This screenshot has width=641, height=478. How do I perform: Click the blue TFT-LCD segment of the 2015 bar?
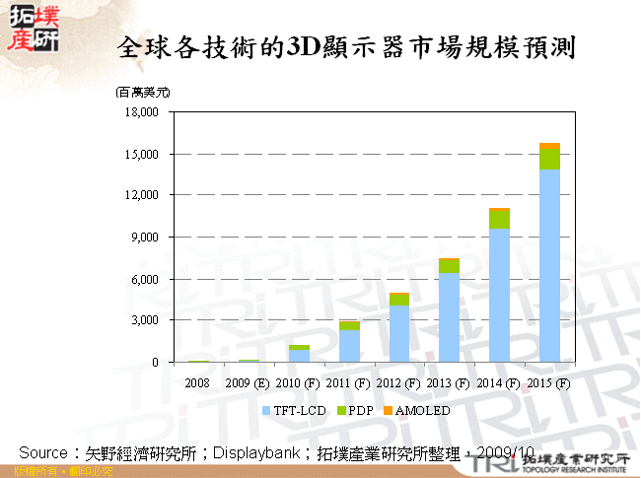[x=549, y=266]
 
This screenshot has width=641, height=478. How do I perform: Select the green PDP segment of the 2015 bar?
[x=549, y=159]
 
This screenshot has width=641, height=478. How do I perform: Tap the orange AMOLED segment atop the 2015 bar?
[x=549, y=146]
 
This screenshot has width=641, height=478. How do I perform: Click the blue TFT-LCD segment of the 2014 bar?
[x=499, y=296]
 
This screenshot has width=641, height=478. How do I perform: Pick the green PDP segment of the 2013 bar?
[x=449, y=266]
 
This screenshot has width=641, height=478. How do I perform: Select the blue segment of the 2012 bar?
[x=398, y=334]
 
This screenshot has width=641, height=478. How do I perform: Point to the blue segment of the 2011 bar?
[x=348, y=346]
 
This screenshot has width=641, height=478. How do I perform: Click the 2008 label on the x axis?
[x=198, y=382]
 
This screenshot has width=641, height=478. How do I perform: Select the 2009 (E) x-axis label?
[x=249, y=382]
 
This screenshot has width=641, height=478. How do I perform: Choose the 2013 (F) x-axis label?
[x=449, y=382]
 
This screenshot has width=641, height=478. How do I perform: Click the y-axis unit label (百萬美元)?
[x=142, y=92]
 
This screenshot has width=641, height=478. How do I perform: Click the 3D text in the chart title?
[x=298, y=45]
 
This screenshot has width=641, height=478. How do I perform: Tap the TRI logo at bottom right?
[x=512, y=460]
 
